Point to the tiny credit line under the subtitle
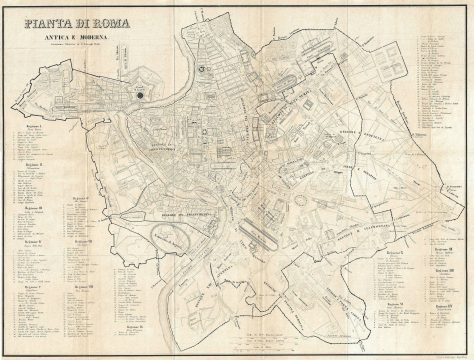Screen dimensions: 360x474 [x=77, y=49]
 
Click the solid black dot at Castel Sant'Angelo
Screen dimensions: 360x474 [x=141, y=95]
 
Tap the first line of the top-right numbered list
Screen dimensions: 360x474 [x=434, y=35]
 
